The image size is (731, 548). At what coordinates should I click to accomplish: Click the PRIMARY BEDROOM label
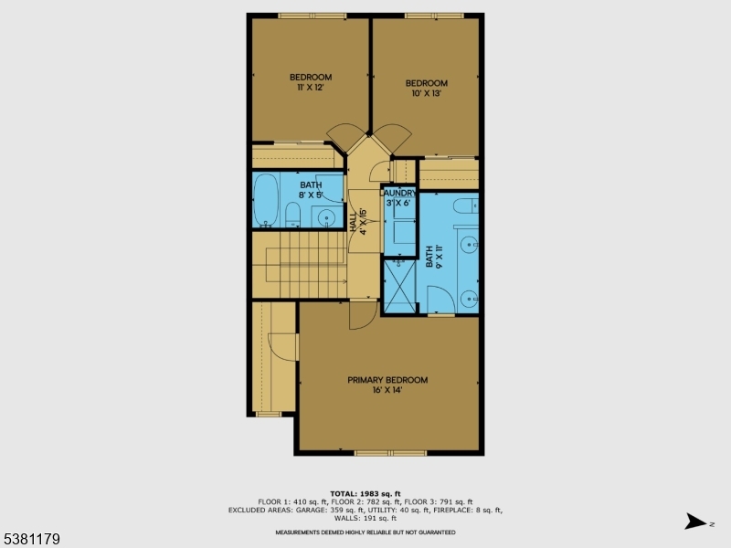click(x=387, y=380)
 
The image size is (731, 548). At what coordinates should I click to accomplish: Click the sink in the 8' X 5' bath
click(x=325, y=216)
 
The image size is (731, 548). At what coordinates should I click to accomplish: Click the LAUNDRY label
click(x=399, y=194)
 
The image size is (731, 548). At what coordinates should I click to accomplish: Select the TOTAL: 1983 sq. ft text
click(x=365, y=493)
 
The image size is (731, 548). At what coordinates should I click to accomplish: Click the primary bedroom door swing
click(x=360, y=316)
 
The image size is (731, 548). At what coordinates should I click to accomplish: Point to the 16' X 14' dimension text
click(x=387, y=390)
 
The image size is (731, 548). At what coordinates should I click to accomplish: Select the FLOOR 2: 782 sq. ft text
click(x=365, y=501)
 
